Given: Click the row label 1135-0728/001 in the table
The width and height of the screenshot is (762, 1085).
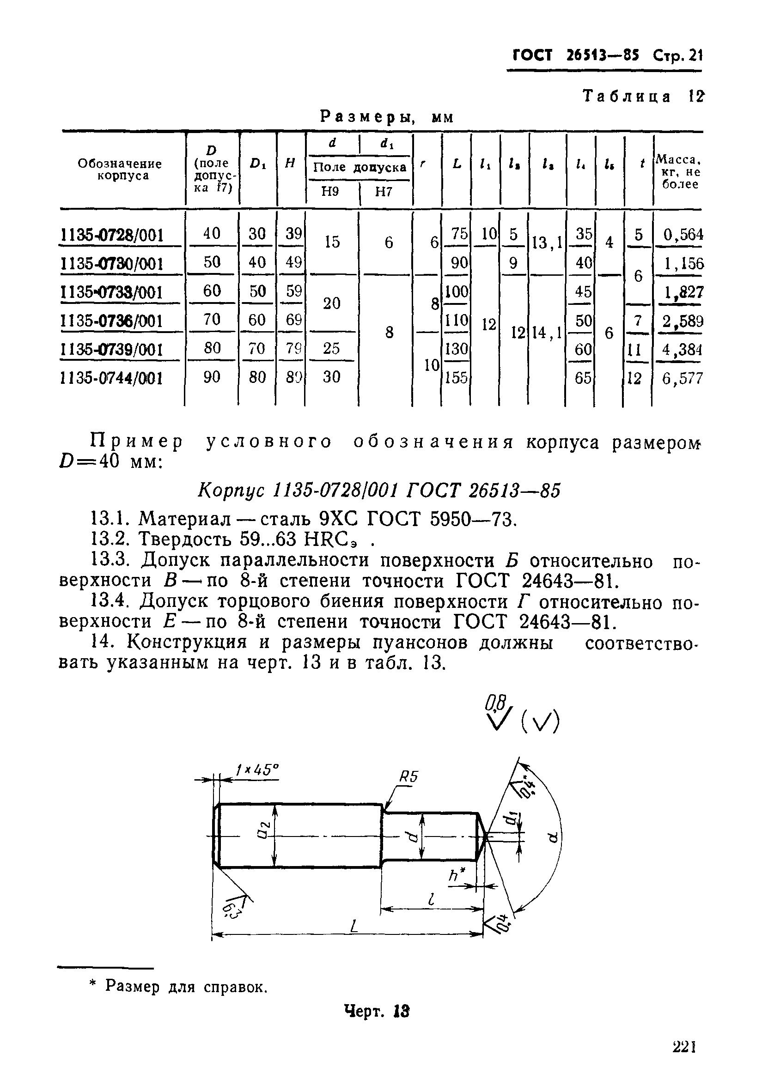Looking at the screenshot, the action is (x=112, y=235).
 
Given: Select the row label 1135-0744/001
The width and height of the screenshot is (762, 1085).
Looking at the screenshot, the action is (x=112, y=378).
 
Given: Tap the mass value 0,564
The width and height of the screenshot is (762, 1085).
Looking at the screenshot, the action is (x=683, y=234).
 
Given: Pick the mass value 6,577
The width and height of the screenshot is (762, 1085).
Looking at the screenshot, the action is (x=682, y=378).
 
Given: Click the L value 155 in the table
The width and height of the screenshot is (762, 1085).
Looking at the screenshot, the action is (x=456, y=378).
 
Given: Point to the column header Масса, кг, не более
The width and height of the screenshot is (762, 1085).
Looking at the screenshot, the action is (x=678, y=171).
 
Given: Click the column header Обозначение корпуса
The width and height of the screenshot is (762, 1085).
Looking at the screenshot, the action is (x=120, y=170).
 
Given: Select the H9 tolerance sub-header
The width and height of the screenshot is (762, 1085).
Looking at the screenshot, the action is (x=329, y=192).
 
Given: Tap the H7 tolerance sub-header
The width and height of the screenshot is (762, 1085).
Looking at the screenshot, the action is (x=384, y=192).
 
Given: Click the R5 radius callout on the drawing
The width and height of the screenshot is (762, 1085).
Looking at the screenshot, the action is (x=409, y=777).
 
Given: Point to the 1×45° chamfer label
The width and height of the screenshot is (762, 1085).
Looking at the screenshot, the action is (x=257, y=770).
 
